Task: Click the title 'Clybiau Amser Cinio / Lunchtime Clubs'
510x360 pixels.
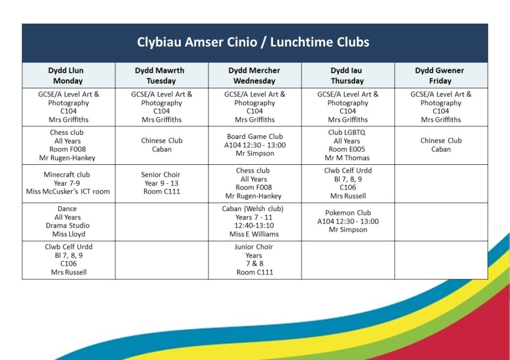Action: (x=254, y=42)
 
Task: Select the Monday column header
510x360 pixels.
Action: (x=68, y=76)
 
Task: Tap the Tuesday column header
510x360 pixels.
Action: (x=161, y=76)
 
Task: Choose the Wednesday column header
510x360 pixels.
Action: (x=255, y=76)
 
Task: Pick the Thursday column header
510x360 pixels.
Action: (x=348, y=76)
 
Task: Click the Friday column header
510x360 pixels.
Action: (x=441, y=76)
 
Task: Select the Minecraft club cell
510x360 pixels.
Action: (x=68, y=183)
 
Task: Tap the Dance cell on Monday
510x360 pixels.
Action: (x=68, y=222)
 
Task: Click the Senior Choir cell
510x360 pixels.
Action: (x=161, y=183)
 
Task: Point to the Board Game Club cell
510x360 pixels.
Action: (x=255, y=145)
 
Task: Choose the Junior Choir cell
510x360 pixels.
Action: (x=255, y=259)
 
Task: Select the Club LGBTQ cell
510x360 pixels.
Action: (x=348, y=145)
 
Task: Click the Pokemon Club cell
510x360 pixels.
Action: (x=348, y=221)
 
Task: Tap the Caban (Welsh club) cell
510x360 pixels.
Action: (x=255, y=222)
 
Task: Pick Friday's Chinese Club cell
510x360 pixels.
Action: (x=441, y=145)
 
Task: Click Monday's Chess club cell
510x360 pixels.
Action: (x=68, y=145)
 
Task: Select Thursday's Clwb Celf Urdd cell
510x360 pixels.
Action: (x=348, y=183)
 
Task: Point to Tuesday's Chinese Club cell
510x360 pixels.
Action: (x=161, y=145)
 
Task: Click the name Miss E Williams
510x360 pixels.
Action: (x=254, y=234)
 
